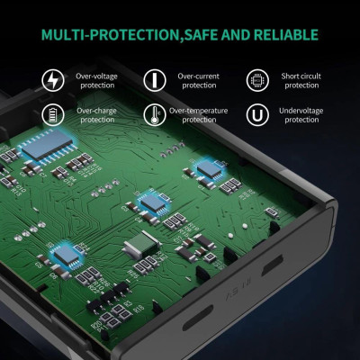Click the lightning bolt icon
coord(53,80)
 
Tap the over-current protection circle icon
coord(155,80)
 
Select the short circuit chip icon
coord(257,80)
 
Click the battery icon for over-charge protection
coord(53,114)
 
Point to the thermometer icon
coord(155,114)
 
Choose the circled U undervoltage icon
coord(257,114)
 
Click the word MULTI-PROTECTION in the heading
coord(111,35)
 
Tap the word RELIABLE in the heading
coord(286,35)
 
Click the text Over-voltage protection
coord(96,81)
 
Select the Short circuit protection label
coord(301,81)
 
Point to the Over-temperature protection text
coord(199,115)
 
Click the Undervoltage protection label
coord(301,115)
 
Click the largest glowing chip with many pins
coord(48,146)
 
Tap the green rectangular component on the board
coord(141,245)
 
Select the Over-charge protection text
coord(96,115)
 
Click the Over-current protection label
coord(199,81)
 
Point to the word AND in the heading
coord(236,35)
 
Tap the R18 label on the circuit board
coord(139,308)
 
